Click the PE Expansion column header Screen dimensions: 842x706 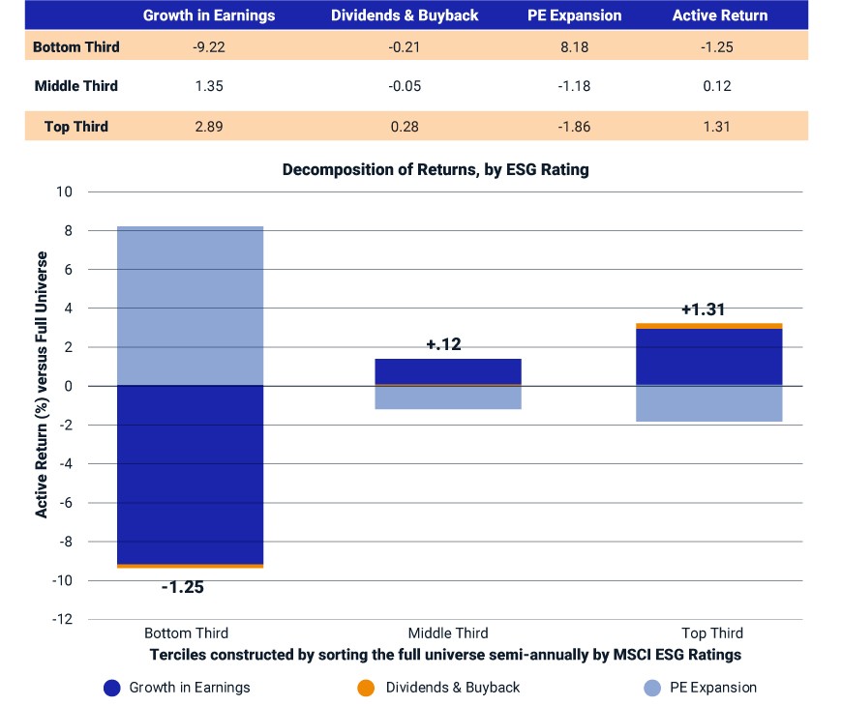574,15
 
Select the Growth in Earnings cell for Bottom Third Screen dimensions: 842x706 209,47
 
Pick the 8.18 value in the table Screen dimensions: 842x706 574,47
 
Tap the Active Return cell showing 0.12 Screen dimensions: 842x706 717,86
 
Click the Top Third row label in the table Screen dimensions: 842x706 76,127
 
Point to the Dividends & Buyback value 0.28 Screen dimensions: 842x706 405,127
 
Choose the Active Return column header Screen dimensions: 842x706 719,15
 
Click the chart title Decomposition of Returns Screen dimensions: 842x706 436,169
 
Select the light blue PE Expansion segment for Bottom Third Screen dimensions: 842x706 190,306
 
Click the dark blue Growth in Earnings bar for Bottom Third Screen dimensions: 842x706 190,475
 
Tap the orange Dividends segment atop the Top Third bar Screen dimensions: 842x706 708,326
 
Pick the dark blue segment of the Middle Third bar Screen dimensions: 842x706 448,371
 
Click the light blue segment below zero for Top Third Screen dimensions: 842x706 708,403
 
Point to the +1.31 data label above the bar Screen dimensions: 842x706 703,309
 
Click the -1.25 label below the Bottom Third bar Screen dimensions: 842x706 183,587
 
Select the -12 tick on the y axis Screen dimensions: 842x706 62,619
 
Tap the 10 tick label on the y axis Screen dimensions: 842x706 64,191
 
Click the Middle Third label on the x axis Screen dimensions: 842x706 448,633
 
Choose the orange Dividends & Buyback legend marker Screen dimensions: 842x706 366,688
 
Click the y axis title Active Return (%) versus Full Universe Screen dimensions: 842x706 42,385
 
